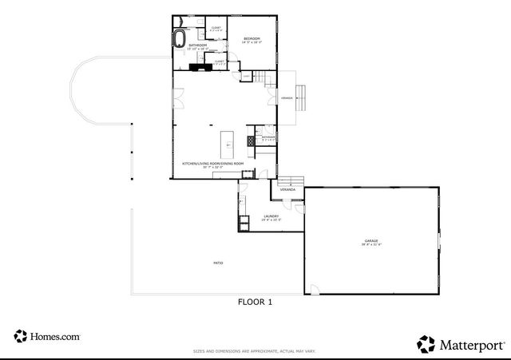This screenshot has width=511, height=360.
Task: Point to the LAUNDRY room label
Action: click(x=271, y=216)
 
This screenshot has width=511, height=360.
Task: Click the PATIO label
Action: click(x=217, y=263)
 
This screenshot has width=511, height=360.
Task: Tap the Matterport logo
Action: click(x=461, y=344)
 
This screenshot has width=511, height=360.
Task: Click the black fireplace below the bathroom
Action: click(x=196, y=67)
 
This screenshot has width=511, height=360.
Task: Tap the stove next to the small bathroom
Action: click(x=250, y=140)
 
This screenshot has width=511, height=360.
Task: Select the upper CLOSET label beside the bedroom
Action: click(x=216, y=29)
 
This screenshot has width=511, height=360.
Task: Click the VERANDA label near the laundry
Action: click(x=287, y=190)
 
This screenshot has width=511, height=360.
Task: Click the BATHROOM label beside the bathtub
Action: click(x=198, y=46)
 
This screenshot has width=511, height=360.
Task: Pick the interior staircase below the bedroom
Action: click(x=261, y=76)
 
